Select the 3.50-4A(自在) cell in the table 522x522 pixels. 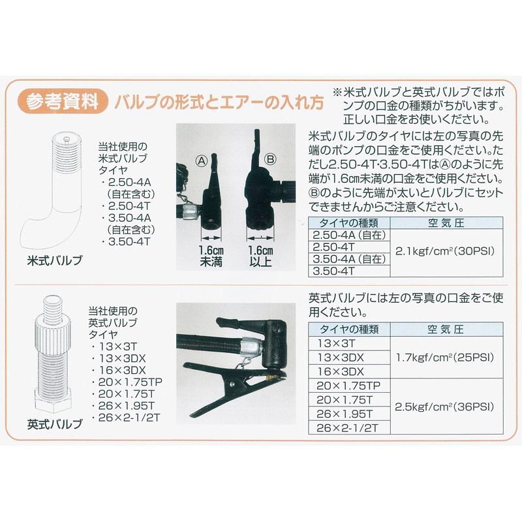[348, 259]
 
